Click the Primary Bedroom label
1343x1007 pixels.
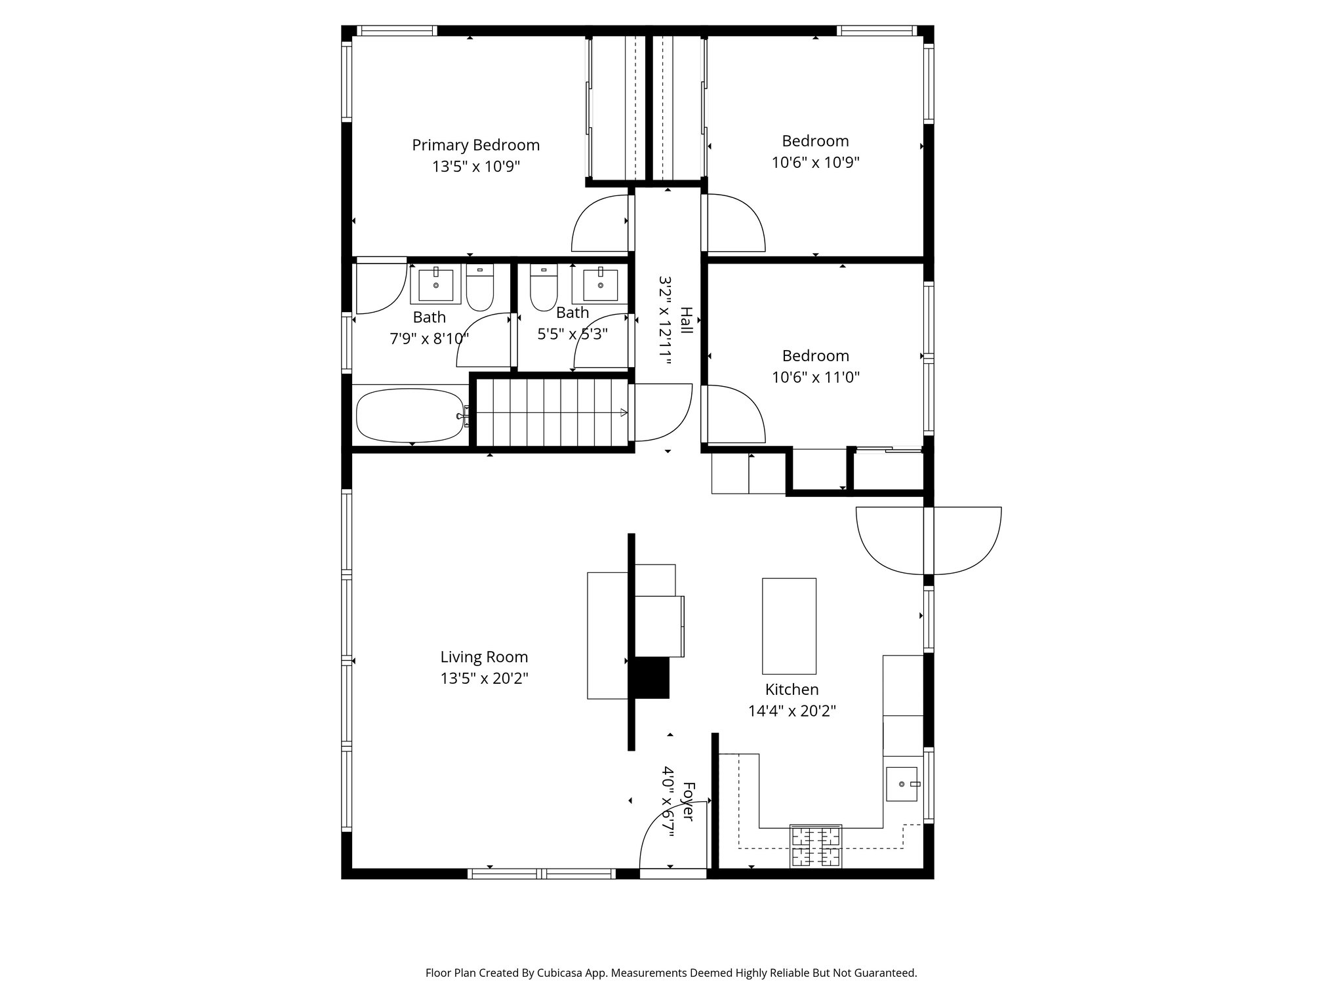475,145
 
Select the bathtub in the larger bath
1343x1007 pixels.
409,415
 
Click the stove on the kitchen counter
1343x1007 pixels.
816,846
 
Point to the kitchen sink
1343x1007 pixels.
903,784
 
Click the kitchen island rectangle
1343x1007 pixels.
789,626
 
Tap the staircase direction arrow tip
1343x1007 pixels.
625,412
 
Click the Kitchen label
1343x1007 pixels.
792,689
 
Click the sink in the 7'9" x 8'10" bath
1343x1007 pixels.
435,285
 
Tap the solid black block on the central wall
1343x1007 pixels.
649,678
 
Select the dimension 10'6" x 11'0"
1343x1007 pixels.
815,377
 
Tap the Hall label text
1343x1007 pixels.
686,321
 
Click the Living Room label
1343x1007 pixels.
484,657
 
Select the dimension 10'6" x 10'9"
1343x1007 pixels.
815,162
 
